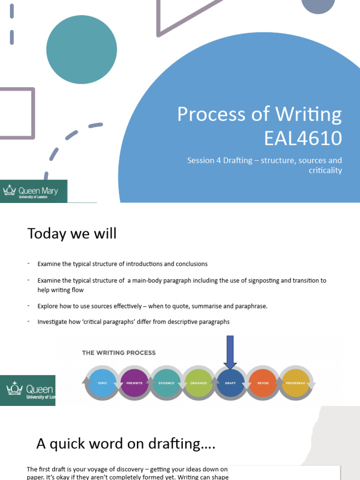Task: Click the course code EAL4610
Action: pos(303,139)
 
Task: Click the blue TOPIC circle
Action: pos(103,383)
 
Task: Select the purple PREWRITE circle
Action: pos(135,383)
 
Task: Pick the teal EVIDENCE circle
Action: pos(166,383)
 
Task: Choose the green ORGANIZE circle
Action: pos(198,383)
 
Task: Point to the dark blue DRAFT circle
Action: pos(230,383)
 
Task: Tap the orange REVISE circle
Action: pos(262,383)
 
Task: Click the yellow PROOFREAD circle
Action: pos(295,383)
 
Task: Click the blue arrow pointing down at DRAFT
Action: pos(230,352)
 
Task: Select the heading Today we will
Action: pos(72,233)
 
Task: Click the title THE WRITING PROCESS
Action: pos(119,352)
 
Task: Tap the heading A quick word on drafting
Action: pos(126,443)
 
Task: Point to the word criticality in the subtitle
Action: pos(325,170)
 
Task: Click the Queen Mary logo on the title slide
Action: pos(33,191)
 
